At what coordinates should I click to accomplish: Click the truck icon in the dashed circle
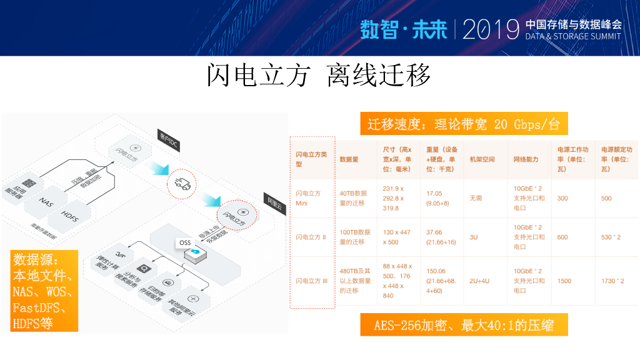(x=182, y=183)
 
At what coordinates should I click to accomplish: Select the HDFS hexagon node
(x=70, y=214)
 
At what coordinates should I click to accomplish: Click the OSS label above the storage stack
(x=185, y=242)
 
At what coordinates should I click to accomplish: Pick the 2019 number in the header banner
(x=491, y=29)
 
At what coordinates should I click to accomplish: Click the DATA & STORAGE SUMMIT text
(x=573, y=36)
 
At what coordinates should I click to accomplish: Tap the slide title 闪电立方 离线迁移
(x=319, y=76)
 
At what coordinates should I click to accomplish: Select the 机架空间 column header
(x=482, y=160)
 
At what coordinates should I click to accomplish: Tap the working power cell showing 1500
(x=564, y=281)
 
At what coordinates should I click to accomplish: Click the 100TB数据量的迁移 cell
(x=355, y=237)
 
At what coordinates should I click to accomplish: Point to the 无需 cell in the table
(x=476, y=198)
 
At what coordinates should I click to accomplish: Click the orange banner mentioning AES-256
(x=464, y=325)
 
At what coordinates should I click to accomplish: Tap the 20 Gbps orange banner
(x=463, y=124)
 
